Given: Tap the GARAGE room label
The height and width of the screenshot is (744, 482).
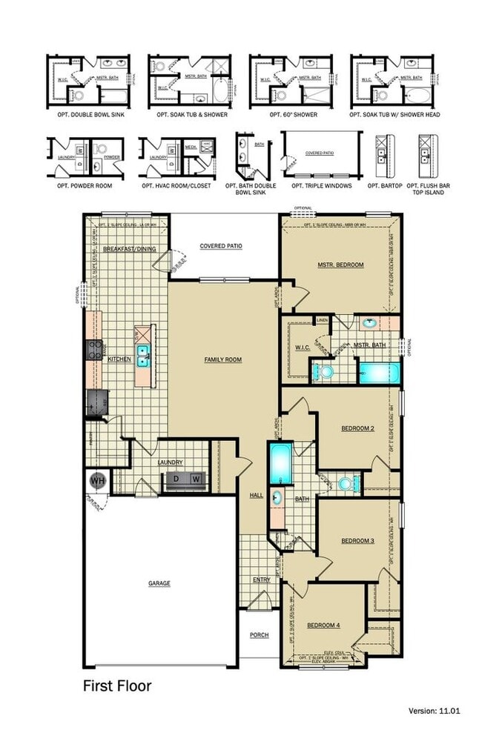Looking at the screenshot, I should [159, 583].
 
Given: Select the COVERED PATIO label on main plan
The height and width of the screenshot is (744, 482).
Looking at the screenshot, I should [221, 246].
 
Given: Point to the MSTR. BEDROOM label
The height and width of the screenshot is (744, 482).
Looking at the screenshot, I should [340, 264].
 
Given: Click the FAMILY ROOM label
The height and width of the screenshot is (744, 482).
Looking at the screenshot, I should [223, 359].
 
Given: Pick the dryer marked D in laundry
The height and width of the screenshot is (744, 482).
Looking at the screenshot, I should [176, 479].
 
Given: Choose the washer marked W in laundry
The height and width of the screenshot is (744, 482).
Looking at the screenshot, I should [196, 479].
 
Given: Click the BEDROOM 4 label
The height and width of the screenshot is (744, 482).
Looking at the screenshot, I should [323, 625].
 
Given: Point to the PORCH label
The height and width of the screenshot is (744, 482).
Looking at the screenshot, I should [259, 635].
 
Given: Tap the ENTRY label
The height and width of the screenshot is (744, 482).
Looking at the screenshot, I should [261, 579].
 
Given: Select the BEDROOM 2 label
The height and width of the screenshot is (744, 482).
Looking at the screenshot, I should [357, 429].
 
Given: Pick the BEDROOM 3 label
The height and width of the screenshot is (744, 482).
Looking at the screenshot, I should [357, 541].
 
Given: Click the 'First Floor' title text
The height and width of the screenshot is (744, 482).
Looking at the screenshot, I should [116, 686].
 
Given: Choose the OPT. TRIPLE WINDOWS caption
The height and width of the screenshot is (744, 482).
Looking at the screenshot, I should [322, 185].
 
